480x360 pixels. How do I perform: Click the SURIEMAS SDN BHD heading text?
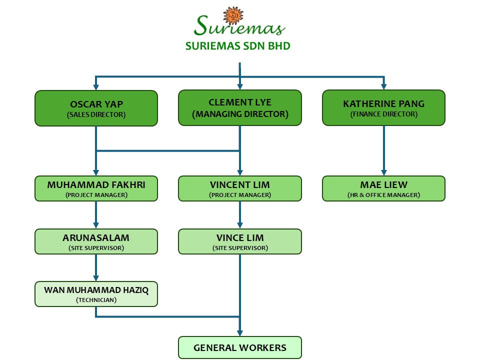tap(237, 46)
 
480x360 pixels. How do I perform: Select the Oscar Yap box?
tap(96, 107)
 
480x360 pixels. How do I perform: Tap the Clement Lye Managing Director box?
tap(240, 107)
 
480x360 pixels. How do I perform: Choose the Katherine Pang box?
tap(383, 107)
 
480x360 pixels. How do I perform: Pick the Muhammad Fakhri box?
tap(96, 188)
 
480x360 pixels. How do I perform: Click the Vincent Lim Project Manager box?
tap(240, 188)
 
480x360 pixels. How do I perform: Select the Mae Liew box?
tap(383, 188)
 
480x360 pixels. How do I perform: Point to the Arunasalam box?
tap(96, 241)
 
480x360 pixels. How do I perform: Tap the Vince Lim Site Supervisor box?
tap(240, 241)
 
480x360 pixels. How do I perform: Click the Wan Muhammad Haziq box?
tap(96, 294)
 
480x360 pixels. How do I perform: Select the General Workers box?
tap(240, 347)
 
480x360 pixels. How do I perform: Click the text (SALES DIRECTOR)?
tap(96, 114)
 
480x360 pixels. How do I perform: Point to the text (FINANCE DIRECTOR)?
tap(383, 114)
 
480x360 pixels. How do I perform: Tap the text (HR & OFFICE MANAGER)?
tap(383, 195)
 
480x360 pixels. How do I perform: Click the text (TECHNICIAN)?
tap(96, 300)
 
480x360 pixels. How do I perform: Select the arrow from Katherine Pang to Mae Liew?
tap(383, 150)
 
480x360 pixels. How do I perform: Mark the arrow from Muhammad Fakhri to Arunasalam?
tap(96, 215)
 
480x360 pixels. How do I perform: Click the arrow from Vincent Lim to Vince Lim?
tap(240, 215)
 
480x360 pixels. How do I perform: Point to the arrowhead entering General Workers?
tap(240, 332)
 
